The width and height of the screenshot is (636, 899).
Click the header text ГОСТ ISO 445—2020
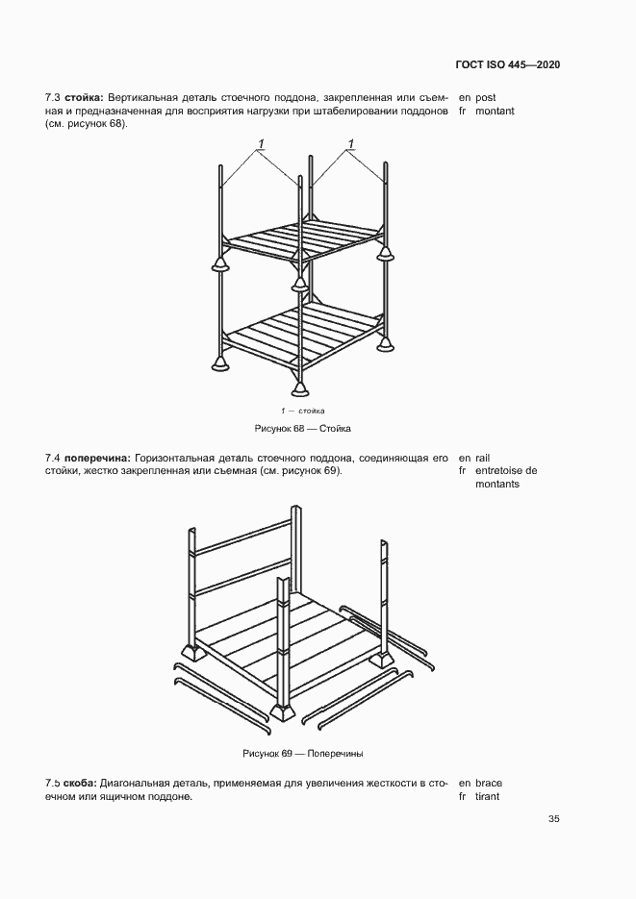tap(508, 64)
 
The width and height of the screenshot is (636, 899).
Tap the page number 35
tap(553, 819)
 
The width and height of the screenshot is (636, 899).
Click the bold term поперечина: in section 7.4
tap(95, 458)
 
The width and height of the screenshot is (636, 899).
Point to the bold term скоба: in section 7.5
tap(80, 784)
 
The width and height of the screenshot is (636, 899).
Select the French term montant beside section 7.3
tap(495, 112)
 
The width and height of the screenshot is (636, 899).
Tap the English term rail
tap(483, 458)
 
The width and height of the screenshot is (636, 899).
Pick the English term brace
tap(489, 784)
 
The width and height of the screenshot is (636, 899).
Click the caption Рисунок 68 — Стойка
tap(303, 427)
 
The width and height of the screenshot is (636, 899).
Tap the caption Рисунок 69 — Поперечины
tap(303, 753)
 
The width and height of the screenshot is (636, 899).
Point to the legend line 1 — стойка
tap(303, 411)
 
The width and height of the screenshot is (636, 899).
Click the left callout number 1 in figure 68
tap(260, 144)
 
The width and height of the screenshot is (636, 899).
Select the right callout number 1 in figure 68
tap(350, 144)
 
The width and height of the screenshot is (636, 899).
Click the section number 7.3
tap(53, 98)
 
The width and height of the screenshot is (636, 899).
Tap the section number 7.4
tap(53, 458)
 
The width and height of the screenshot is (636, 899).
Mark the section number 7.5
tap(53, 784)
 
